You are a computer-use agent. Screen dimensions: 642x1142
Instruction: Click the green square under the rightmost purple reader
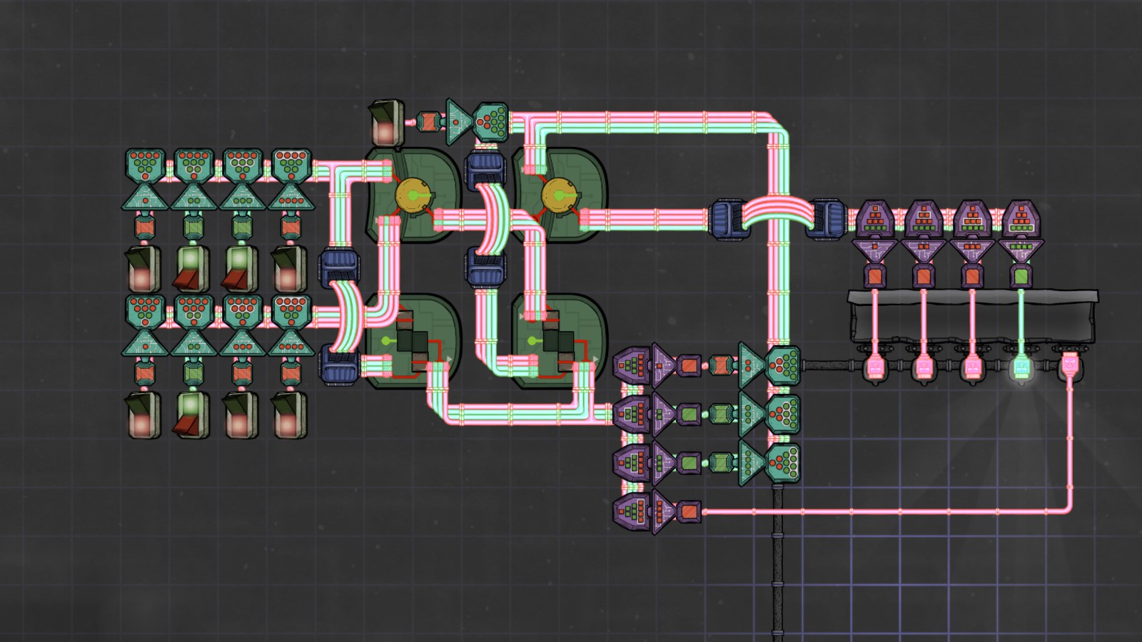[x=1021, y=275]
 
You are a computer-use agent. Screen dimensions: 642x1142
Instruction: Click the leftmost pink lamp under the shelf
[x=875, y=368]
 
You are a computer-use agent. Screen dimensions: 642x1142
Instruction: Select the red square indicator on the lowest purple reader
[x=689, y=511]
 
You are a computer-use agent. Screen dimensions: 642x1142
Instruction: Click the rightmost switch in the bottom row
[x=289, y=414]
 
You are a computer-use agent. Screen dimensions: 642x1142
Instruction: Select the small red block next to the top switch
[x=428, y=121]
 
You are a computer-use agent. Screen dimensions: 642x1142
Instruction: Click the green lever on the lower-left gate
[x=390, y=341]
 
